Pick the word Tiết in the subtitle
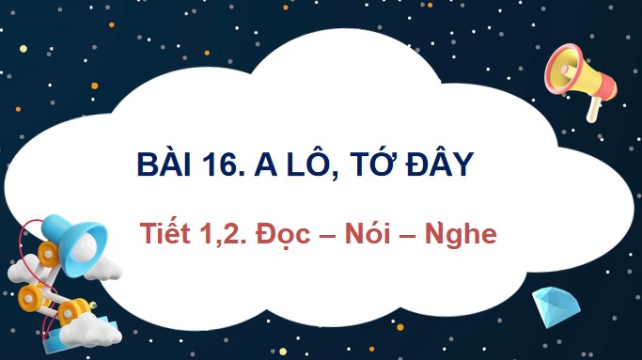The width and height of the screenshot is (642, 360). pyautogui.click(x=162, y=232)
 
